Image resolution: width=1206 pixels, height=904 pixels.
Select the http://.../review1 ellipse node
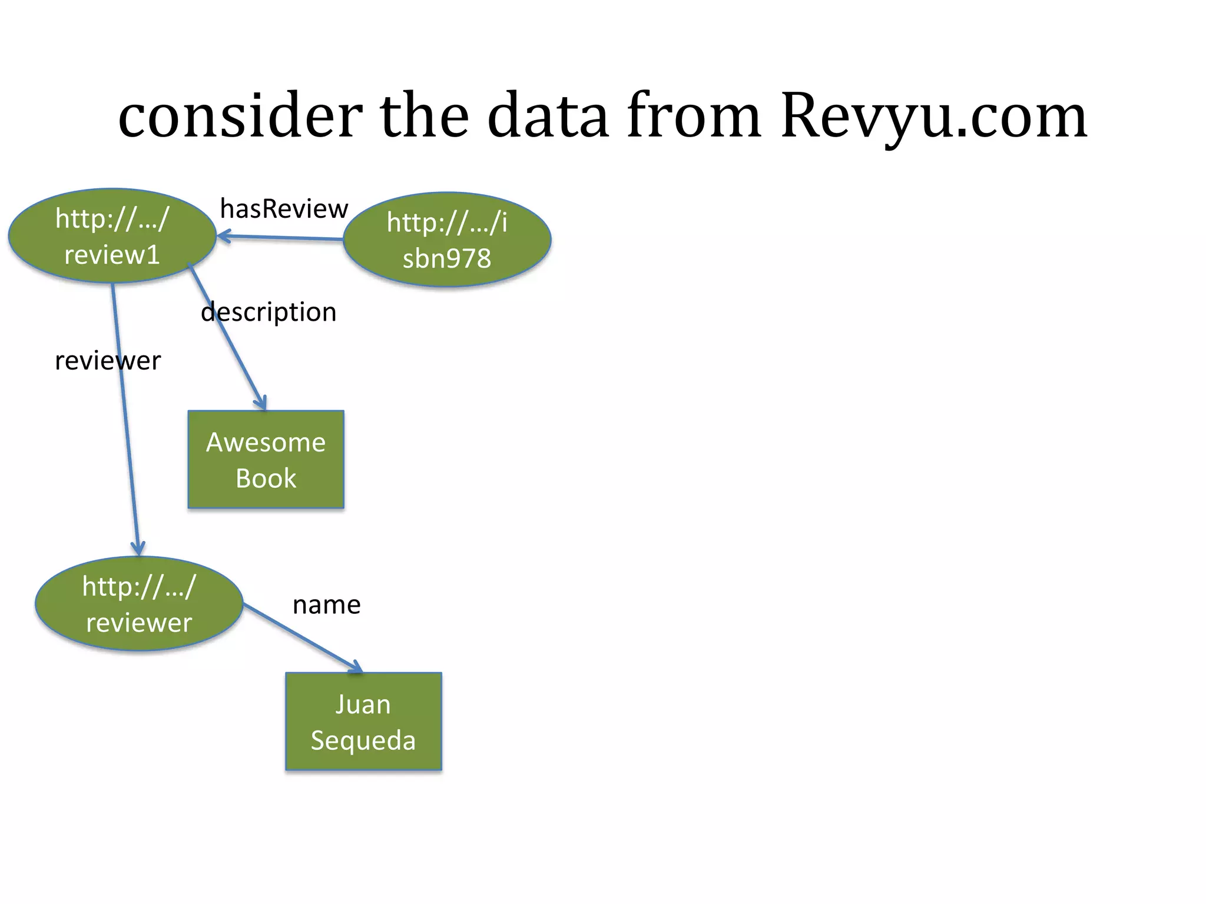click(x=112, y=236)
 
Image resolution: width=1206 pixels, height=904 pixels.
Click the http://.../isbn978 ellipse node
click(x=447, y=240)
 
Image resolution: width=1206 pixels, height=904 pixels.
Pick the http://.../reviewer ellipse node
click(x=139, y=604)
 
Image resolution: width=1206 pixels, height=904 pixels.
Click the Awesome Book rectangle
click(x=266, y=460)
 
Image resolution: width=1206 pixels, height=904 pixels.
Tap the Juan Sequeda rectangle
click(x=363, y=722)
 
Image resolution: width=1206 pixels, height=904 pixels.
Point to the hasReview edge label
click(x=284, y=209)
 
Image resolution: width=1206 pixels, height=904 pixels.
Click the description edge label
click(x=269, y=312)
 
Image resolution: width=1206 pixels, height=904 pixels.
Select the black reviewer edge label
click(x=108, y=361)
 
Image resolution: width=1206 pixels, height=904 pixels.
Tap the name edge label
click(x=326, y=605)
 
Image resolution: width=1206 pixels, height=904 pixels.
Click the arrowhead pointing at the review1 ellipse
click(x=223, y=237)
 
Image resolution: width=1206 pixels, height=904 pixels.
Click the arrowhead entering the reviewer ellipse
click(x=138, y=550)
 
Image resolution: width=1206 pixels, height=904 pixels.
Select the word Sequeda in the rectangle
click(x=363, y=740)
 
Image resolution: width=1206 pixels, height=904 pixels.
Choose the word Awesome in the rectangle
click(x=266, y=442)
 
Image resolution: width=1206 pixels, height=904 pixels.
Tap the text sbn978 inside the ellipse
click(x=447, y=259)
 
